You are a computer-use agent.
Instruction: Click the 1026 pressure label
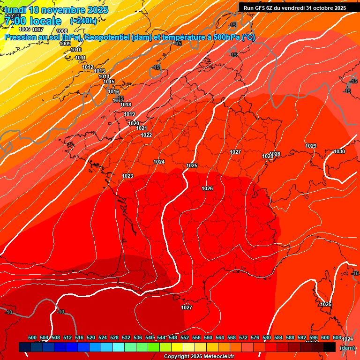click(207, 188)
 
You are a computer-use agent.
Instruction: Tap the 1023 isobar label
click(127, 176)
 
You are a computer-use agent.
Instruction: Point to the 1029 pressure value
click(311, 146)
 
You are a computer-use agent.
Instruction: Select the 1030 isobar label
click(339, 151)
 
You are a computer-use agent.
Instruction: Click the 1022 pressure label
click(146, 135)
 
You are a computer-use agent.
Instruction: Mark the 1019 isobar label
click(129, 114)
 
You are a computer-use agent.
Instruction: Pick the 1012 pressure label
click(88, 67)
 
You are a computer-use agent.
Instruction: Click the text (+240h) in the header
click(83, 21)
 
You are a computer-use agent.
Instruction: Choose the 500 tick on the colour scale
click(32, 337)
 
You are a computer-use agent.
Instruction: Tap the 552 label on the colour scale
click(185, 337)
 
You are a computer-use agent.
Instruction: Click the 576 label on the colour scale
click(255, 337)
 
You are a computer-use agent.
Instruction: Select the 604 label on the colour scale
click(337, 337)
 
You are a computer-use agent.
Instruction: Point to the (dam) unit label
click(347, 348)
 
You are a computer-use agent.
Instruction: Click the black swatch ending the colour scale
click(330, 347)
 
